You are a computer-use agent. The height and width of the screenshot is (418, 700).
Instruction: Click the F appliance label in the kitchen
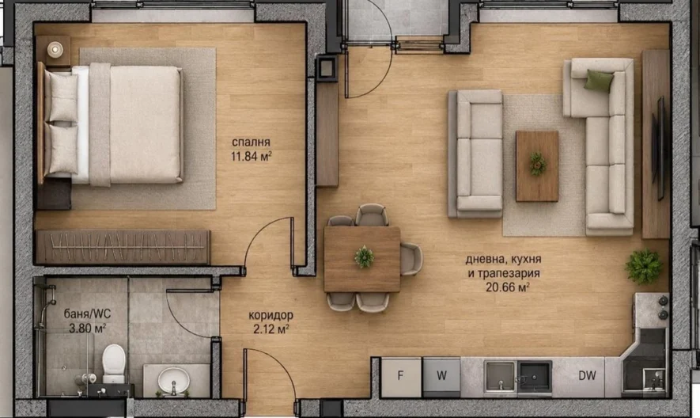(x=400, y=375)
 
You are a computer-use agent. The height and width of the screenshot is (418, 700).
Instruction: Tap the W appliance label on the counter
(x=441, y=375)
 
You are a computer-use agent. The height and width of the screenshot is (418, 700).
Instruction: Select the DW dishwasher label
(x=587, y=375)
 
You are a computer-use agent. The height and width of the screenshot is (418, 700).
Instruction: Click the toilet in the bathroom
(x=114, y=363)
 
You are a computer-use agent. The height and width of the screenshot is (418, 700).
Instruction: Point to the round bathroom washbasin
(x=174, y=379)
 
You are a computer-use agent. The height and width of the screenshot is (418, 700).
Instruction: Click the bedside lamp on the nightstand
(x=55, y=49)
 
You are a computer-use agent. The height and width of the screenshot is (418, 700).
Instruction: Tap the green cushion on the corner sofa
(x=599, y=81)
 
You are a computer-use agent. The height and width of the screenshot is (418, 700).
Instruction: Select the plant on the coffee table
(x=538, y=164)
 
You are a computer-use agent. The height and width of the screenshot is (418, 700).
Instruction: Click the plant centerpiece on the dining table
(x=365, y=257)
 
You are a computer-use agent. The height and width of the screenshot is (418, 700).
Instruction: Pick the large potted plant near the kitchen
(x=644, y=267)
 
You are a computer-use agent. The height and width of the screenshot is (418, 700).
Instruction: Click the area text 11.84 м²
(x=252, y=156)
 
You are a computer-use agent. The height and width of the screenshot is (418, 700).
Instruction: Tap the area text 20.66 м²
(x=508, y=287)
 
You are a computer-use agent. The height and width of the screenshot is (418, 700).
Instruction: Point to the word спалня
(x=251, y=142)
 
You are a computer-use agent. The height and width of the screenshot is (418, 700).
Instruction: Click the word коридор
(x=271, y=315)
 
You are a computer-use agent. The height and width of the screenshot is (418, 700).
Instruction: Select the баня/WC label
(x=87, y=313)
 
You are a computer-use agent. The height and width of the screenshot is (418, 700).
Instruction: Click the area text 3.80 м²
(x=87, y=328)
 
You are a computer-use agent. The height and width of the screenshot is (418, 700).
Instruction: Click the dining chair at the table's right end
(x=411, y=259)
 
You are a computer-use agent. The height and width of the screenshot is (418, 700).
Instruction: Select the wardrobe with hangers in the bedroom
(x=123, y=247)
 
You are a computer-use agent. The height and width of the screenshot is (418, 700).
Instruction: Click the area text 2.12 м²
(x=271, y=329)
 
